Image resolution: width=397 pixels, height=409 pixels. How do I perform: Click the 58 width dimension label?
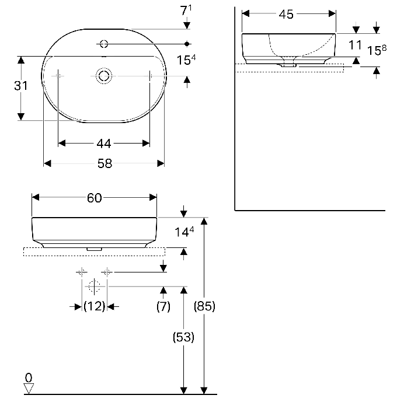pyautogui.click(x=105, y=163)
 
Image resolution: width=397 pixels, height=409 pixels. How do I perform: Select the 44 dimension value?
pyautogui.click(x=104, y=144)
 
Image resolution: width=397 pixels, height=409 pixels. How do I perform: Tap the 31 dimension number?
pyautogui.click(x=20, y=86)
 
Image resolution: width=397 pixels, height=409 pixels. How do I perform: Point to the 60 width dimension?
pyautogui.click(x=94, y=198)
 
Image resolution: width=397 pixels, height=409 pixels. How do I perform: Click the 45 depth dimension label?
pyautogui.click(x=286, y=14)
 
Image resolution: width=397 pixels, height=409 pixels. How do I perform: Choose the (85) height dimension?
pyautogui.click(x=204, y=306)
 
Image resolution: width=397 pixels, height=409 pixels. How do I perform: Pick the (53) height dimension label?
pyautogui.click(x=183, y=337)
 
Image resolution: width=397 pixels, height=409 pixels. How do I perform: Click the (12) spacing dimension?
pyautogui.click(x=94, y=306)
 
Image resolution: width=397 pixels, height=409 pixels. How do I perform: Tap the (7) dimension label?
pyautogui.click(x=163, y=306)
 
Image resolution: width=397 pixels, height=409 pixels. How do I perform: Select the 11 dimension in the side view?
pyautogui.click(x=355, y=45)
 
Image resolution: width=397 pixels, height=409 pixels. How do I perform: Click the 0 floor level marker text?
pyautogui.click(x=29, y=377)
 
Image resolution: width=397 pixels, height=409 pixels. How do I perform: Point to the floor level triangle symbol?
pyautogui.click(x=29, y=388)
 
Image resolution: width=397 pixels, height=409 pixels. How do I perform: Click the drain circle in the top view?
pyautogui.click(x=104, y=76)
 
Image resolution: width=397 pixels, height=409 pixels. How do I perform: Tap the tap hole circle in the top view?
pyautogui.click(x=104, y=44)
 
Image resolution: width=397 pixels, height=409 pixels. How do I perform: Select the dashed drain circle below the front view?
pyautogui.click(x=94, y=286)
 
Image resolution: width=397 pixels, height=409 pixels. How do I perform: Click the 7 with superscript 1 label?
pyautogui.click(x=186, y=10)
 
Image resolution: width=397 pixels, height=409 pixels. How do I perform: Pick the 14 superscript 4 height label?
pyautogui.click(x=184, y=232)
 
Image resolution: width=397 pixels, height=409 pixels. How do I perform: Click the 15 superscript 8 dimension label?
pyautogui.click(x=377, y=50)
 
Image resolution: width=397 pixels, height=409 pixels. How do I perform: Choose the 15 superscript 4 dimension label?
pyautogui.click(x=186, y=60)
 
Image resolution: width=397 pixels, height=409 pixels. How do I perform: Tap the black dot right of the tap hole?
pyautogui.click(x=187, y=44)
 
